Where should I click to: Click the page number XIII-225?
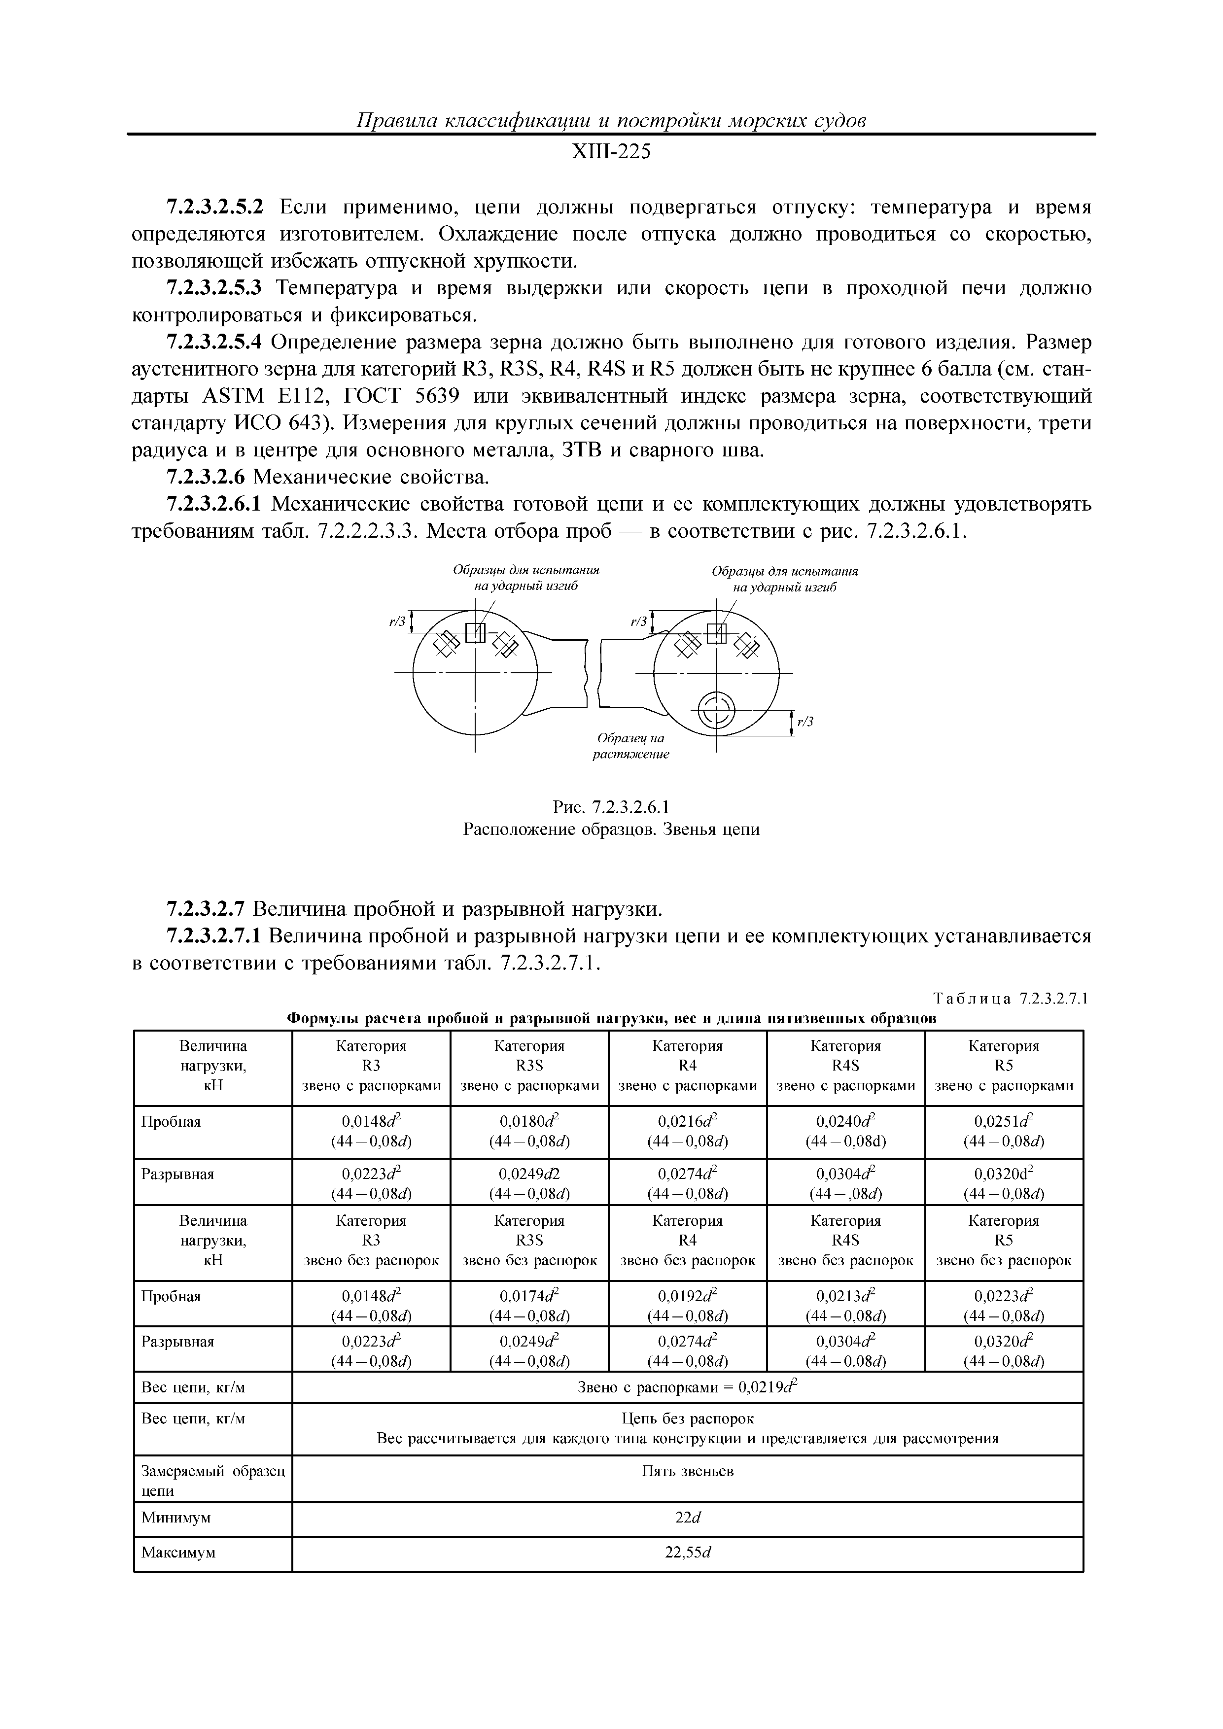(611, 153)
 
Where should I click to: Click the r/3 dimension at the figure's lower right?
(806, 722)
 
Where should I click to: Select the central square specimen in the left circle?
(475, 632)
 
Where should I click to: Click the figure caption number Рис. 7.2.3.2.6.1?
(611, 808)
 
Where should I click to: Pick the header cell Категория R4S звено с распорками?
(845, 1066)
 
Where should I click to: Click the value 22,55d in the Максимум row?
(686, 1552)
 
